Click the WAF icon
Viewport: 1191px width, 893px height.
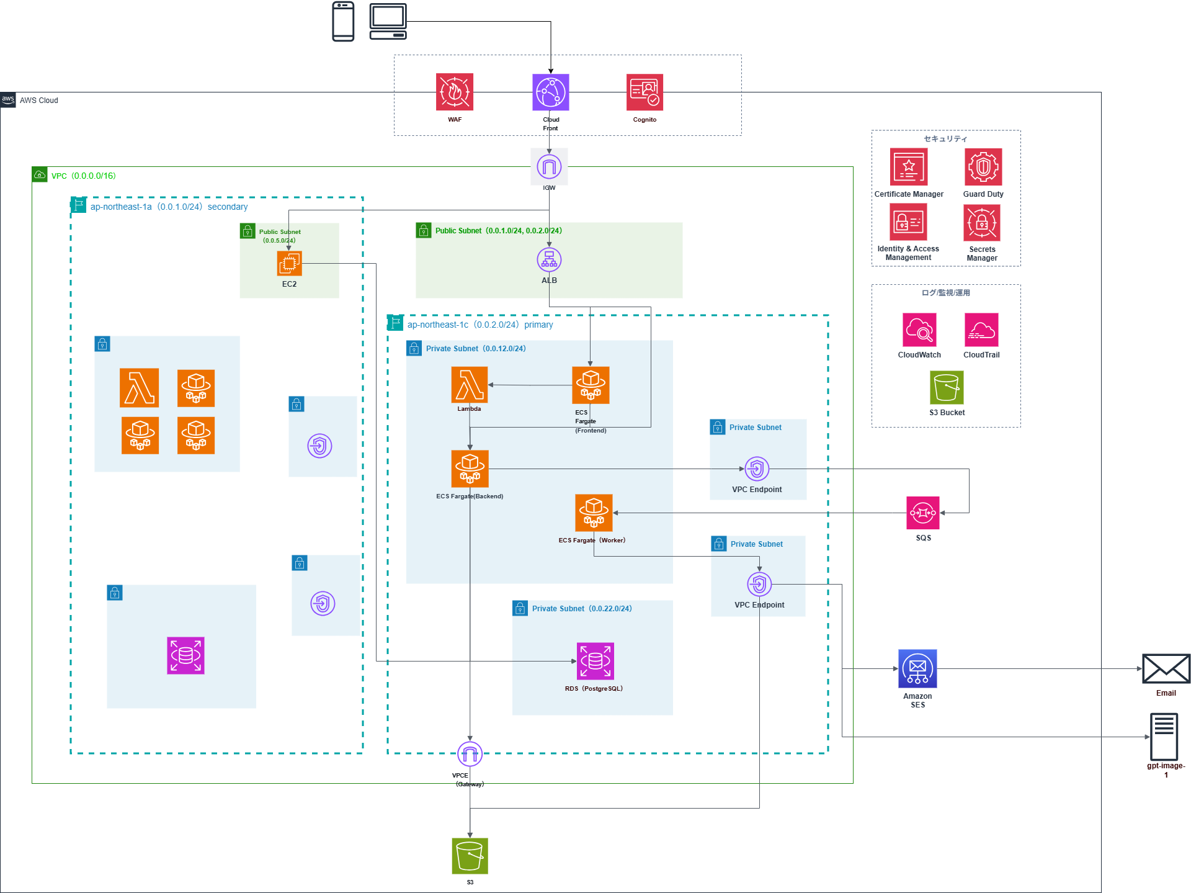455,92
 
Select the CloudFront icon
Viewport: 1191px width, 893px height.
550,92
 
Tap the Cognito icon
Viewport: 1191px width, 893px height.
645,92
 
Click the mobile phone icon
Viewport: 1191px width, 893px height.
343,22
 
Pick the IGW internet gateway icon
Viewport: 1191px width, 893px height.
549,166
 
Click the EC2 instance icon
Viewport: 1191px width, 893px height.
289,263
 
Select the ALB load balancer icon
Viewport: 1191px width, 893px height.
549,260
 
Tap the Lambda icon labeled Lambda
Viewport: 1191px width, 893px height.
470,385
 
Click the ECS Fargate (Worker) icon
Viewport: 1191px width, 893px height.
594,513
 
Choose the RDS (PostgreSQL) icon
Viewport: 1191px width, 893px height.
595,661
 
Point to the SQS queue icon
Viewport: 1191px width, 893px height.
922,513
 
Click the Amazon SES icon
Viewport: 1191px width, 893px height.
917,668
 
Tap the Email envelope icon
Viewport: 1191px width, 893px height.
1166,669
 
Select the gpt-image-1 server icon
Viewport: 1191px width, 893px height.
1164,737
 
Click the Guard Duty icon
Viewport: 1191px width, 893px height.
983,166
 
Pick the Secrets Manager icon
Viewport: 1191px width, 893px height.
982,222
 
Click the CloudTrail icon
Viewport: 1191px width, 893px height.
981,330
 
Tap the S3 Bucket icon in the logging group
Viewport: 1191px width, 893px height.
947,387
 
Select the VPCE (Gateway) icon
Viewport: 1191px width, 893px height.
470,754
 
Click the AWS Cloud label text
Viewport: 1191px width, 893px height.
38,101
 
